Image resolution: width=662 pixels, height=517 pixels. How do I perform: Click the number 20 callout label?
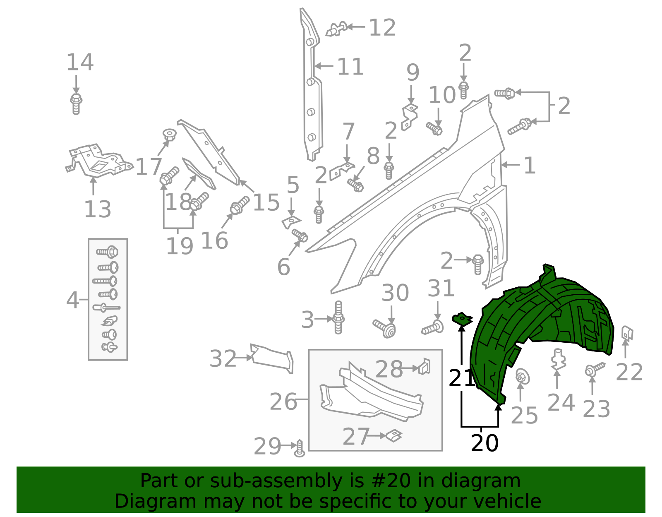[x=485, y=443]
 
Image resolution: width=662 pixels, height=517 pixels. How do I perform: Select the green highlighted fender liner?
[x=538, y=327]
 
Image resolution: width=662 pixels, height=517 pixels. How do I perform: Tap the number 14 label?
[x=80, y=63]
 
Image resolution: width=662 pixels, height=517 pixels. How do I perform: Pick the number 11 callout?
[x=350, y=67]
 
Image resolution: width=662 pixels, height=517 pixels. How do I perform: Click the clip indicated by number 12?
[x=336, y=29]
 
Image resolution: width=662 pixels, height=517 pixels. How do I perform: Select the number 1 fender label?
[x=530, y=166]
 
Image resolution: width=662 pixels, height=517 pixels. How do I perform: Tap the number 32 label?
[x=223, y=358]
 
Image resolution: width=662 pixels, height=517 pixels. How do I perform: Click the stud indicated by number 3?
[x=338, y=318]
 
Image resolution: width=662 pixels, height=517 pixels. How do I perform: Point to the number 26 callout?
[x=283, y=402]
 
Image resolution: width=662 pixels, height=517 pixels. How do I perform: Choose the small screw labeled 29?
[x=300, y=449]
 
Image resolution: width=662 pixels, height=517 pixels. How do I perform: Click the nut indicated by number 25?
[x=522, y=377]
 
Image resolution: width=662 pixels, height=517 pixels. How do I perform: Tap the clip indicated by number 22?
[x=627, y=333]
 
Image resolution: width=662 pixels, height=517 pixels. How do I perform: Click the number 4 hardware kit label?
[x=72, y=300]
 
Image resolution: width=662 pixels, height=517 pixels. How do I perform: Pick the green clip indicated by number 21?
[x=462, y=320]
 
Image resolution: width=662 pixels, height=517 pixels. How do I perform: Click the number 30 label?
[x=395, y=293]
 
